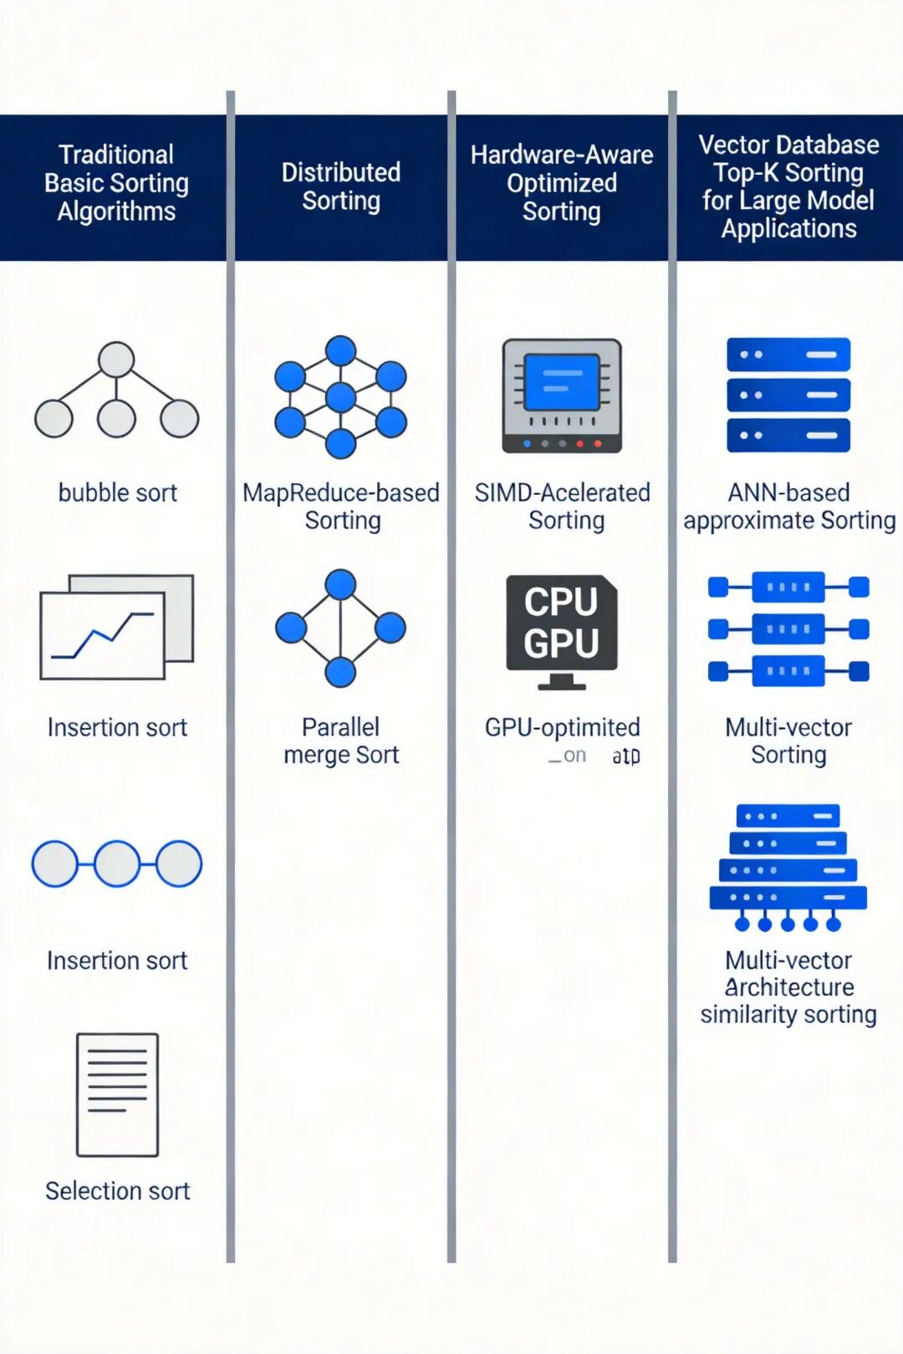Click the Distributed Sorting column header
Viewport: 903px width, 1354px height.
(341, 186)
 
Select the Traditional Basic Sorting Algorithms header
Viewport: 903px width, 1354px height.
(116, 183)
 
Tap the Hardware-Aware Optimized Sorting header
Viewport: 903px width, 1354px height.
(562, 183)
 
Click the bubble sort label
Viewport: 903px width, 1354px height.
(118, 493)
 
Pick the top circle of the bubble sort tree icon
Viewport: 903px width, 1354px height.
(116, 359)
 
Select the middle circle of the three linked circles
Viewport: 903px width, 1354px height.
(117, 863)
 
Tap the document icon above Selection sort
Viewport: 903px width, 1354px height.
(117, 1094)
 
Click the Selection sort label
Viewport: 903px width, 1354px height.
(118, 1191)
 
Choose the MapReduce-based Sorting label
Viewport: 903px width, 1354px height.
(341, 506)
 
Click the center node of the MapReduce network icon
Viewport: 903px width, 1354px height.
(340, 397)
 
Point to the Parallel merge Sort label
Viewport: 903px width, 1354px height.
(341, 741)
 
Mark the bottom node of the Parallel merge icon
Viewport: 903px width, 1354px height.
(340, 671)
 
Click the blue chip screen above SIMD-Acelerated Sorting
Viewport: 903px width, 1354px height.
(561, 383)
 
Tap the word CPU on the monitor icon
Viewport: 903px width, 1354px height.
(561, 602)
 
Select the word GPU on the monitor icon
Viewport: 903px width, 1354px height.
(561, 644)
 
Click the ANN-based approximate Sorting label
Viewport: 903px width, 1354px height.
(789, 506)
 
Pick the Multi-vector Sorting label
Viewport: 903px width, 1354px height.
(788, 741)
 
